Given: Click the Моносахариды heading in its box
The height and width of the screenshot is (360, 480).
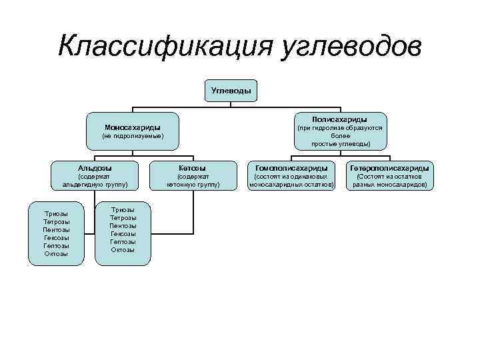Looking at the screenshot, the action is click(x=132, y=127).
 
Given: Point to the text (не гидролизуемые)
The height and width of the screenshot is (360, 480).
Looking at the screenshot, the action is click(x=132, y=136).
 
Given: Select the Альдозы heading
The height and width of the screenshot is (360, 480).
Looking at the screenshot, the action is click(x=95, y=167).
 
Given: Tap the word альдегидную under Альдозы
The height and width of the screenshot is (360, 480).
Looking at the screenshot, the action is click(x=83, y=185).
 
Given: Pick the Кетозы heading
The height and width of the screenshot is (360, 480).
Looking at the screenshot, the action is click(x=193, y=167).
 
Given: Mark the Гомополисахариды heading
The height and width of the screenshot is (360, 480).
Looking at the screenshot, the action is click(x=291, y=167).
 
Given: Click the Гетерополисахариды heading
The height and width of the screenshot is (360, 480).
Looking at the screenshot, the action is click(x=389, y=167).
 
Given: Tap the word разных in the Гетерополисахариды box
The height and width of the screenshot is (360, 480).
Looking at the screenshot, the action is click(x=365, y=185).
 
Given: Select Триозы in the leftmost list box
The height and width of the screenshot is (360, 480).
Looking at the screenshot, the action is click(x=56, y=213).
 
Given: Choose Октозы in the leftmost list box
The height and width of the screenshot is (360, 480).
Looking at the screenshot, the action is click(x=56, y=253).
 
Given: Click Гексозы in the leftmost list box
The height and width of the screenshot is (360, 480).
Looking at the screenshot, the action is click(x=56, y=237).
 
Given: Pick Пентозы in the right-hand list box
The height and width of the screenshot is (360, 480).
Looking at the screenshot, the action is click(x=123, y=225).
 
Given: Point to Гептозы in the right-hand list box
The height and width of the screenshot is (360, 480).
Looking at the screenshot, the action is click(x=123, y=241).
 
